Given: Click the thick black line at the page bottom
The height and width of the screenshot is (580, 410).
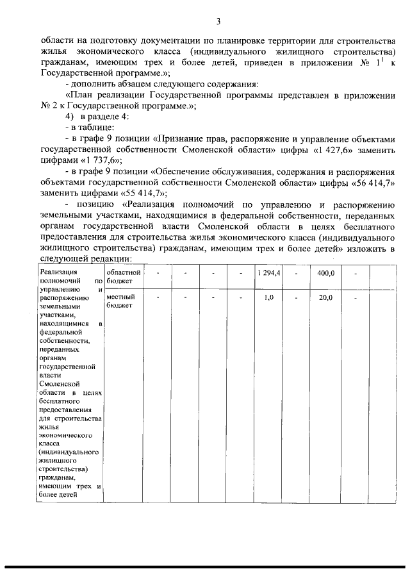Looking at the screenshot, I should pos(205,567).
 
